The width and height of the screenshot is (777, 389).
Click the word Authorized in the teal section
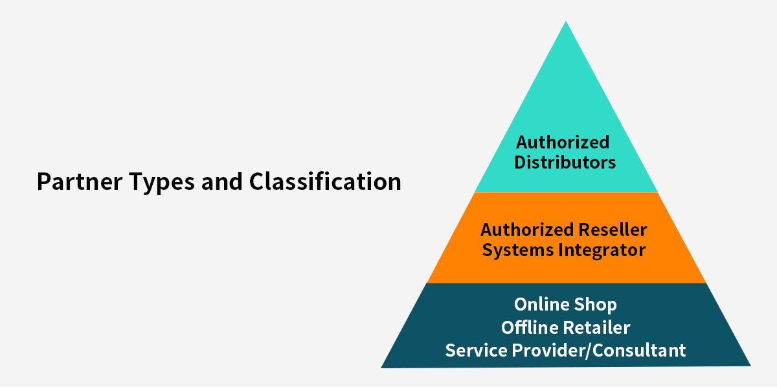click(x=563, y=142)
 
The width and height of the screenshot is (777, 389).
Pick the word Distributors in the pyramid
click(x=565, y=162)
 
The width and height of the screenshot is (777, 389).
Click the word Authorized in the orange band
click(x=527, y=230)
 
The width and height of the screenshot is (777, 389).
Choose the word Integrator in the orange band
click(x=605, y=250)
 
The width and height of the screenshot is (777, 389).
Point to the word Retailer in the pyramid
click(x=598, y=327)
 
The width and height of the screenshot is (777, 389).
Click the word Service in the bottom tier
click(x=477, y=350)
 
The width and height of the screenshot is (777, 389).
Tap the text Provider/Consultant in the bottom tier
click(x=599, y=351)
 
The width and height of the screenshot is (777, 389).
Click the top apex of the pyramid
click(x=566, y=22)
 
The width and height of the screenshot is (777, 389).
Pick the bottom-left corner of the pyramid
click(x=382, y=367)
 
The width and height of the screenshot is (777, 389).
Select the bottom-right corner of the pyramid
click(x=750, y=365)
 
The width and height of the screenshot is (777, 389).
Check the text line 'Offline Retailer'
click(x=565, y=327)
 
